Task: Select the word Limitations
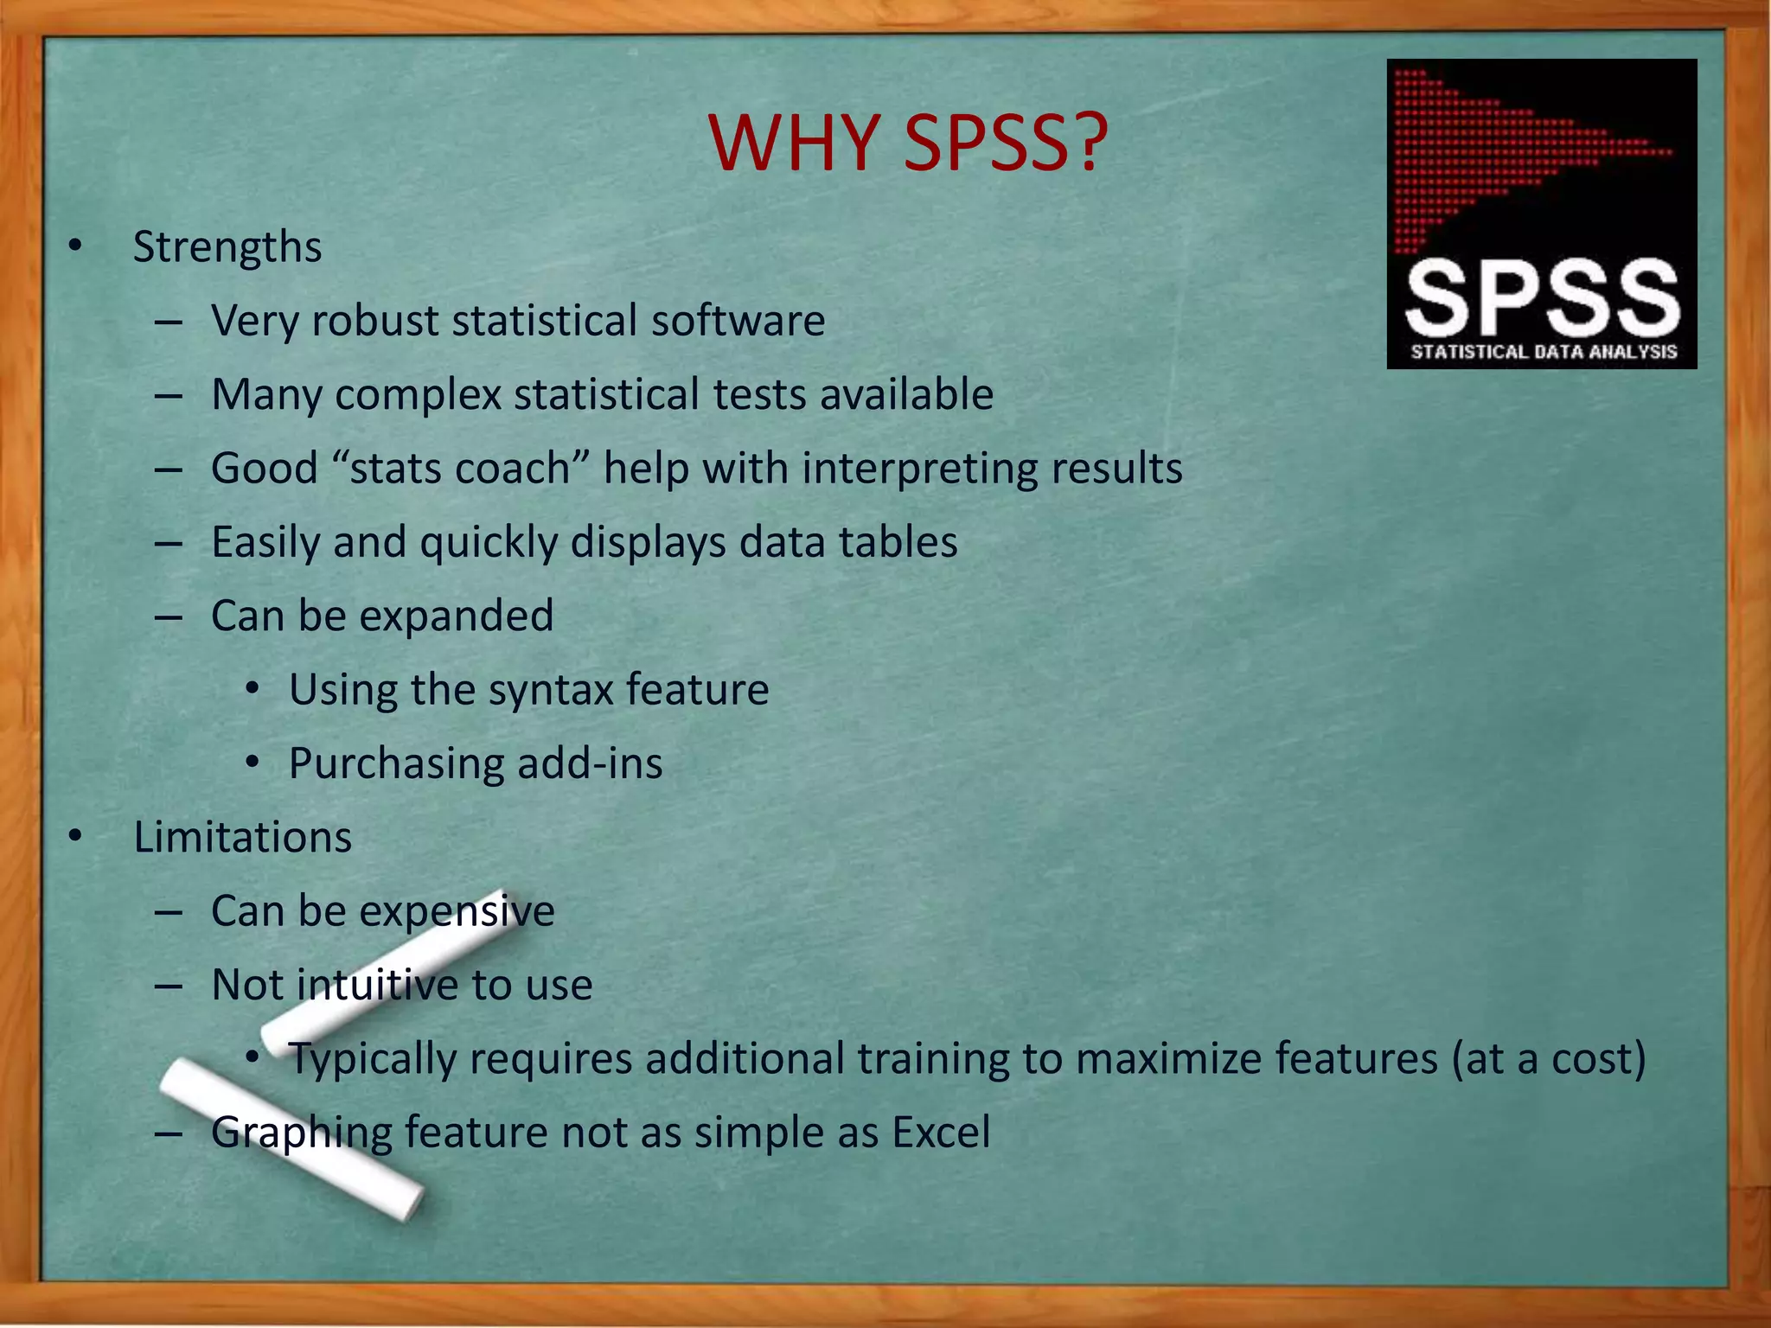coord(242,838)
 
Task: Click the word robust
coord(375,321)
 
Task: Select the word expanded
coord(456,616)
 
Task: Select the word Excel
coord(941,1133)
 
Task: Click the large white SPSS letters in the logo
coord(1542,298)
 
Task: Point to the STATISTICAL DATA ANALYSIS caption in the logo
coord(1543,352)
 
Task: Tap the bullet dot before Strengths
coord(76,247)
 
